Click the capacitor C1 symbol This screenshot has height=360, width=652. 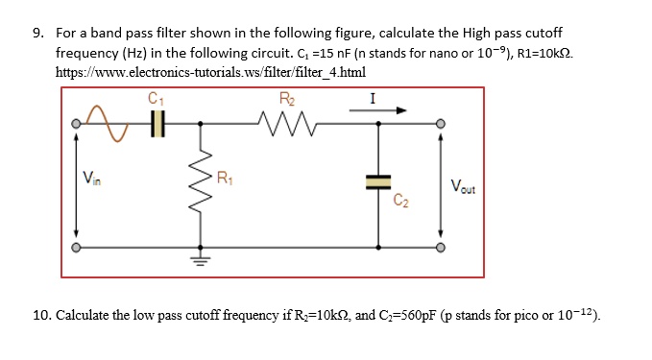coord(158,123)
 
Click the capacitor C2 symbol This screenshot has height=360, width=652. coord(378,181)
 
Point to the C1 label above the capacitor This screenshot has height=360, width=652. coord(157,97)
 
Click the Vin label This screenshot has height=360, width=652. coord(89,177)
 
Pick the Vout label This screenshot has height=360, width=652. coord(462,189)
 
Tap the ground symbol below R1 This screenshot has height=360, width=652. coord(202,256)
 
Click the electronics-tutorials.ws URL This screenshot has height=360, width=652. coord(210,72)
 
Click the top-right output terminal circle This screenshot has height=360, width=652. coord(441,123)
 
